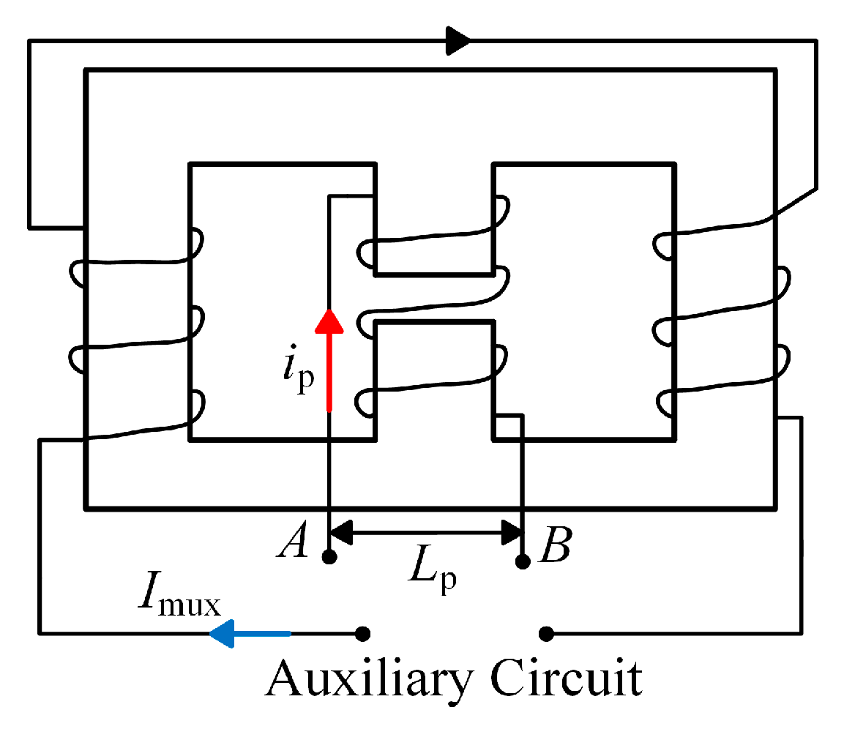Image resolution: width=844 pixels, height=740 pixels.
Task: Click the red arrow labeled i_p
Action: tap(329, 359)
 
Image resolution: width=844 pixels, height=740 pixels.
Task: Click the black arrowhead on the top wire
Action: tap(458, 40)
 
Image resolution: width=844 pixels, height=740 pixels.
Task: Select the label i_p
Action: tap(296, 373)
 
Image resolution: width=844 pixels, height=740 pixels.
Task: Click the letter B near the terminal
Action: tap(555, 546)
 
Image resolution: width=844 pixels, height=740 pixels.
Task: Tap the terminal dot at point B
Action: tap(522, 561)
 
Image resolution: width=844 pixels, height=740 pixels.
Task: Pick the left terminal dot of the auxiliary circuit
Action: tap(362, 632)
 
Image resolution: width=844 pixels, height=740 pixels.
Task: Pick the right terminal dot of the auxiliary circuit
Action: tap(546, 632)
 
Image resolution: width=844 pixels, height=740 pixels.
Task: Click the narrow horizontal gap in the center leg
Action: tap(434, 298)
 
